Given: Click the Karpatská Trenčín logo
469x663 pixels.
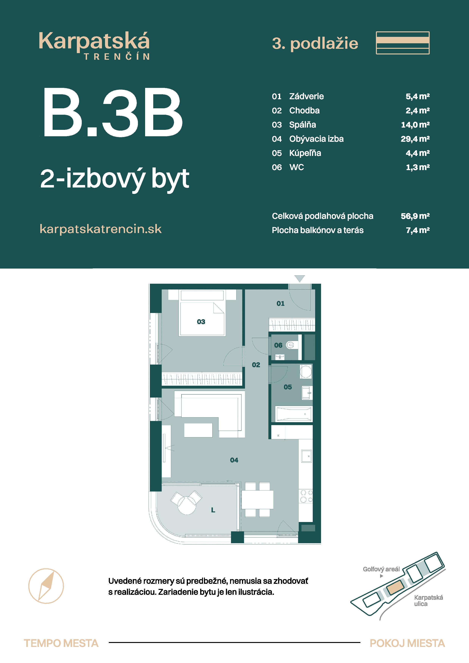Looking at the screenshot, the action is tap(94, 46).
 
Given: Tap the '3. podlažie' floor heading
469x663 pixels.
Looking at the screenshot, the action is tap(315, 44).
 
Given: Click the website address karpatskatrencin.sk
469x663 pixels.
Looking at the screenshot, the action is tap(101, 229).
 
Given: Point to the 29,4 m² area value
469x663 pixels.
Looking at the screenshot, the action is tap(415, 139).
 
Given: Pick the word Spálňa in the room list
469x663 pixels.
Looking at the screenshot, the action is tap(303, 125).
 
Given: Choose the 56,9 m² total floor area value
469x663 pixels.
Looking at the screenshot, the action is tap(415, 216).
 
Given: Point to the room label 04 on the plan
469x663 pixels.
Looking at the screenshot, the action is tap(234, 460).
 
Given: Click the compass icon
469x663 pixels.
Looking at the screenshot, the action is tap(46, 586).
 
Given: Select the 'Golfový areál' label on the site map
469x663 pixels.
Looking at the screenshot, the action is tap(381, 569).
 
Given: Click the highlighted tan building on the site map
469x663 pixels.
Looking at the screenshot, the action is tap(397, 587).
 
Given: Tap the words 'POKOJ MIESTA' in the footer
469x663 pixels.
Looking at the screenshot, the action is tap(407, 643).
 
